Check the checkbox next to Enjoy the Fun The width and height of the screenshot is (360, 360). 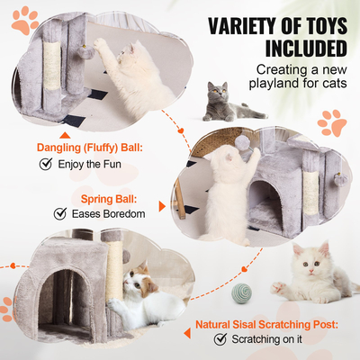coord(45,165)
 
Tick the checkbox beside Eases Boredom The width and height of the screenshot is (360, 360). coord(60,213)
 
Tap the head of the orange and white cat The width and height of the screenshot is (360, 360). coord(132,285)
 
